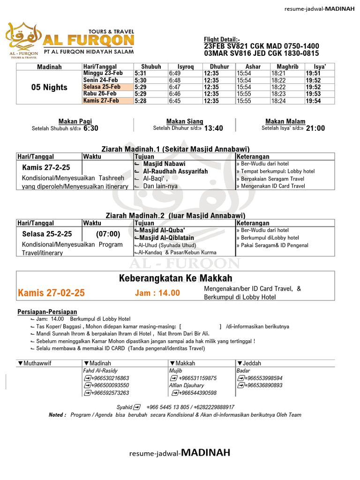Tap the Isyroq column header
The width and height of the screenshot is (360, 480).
185,67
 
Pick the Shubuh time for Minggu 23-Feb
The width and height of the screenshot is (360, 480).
141,74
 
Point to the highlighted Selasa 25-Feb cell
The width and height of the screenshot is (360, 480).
102,87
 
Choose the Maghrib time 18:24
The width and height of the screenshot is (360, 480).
278,101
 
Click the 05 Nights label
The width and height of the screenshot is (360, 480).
49,87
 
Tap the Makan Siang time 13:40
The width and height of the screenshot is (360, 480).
214,128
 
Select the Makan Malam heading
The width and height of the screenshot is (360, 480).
285,121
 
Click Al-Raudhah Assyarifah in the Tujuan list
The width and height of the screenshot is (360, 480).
175,172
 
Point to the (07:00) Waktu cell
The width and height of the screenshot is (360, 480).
108,234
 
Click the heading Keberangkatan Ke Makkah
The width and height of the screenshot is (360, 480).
176,279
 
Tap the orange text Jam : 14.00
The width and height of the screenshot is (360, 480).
157,293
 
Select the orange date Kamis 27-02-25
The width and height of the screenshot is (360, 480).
51,293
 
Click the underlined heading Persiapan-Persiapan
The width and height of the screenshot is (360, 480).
47,312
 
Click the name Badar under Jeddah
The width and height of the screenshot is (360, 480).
242,370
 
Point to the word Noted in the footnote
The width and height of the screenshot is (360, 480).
57,415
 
